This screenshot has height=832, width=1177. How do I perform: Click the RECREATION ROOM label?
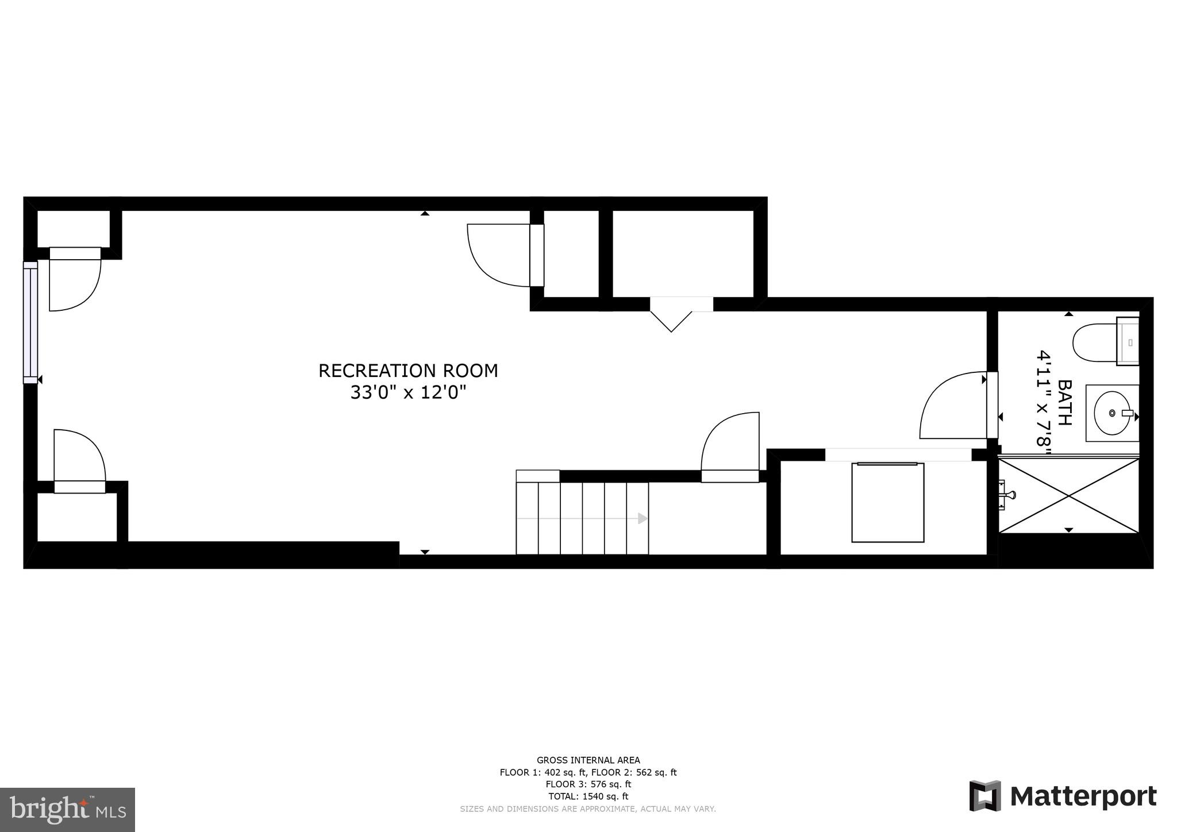(408, 371)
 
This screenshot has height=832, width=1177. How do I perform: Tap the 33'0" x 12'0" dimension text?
(408, 393)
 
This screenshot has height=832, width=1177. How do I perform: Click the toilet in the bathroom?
(1095, 342)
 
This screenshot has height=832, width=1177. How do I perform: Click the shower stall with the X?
(1069, 495)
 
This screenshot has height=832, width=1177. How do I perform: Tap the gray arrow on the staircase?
(642, 519)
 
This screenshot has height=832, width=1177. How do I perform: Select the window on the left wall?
(30, 322)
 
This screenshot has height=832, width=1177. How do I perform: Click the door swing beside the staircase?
(729, 442)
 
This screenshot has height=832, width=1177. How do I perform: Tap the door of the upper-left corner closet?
(74, 280)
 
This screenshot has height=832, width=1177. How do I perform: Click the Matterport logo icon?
(985, 796)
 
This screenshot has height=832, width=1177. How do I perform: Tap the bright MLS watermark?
(67, 810)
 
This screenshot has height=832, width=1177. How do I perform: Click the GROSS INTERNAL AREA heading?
(588, 760)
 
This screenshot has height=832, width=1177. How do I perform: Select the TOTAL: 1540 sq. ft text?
(588, 796)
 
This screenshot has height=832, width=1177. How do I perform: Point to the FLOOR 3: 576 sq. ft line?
(588, 784)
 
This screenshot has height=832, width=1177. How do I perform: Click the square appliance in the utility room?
(887, 502)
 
